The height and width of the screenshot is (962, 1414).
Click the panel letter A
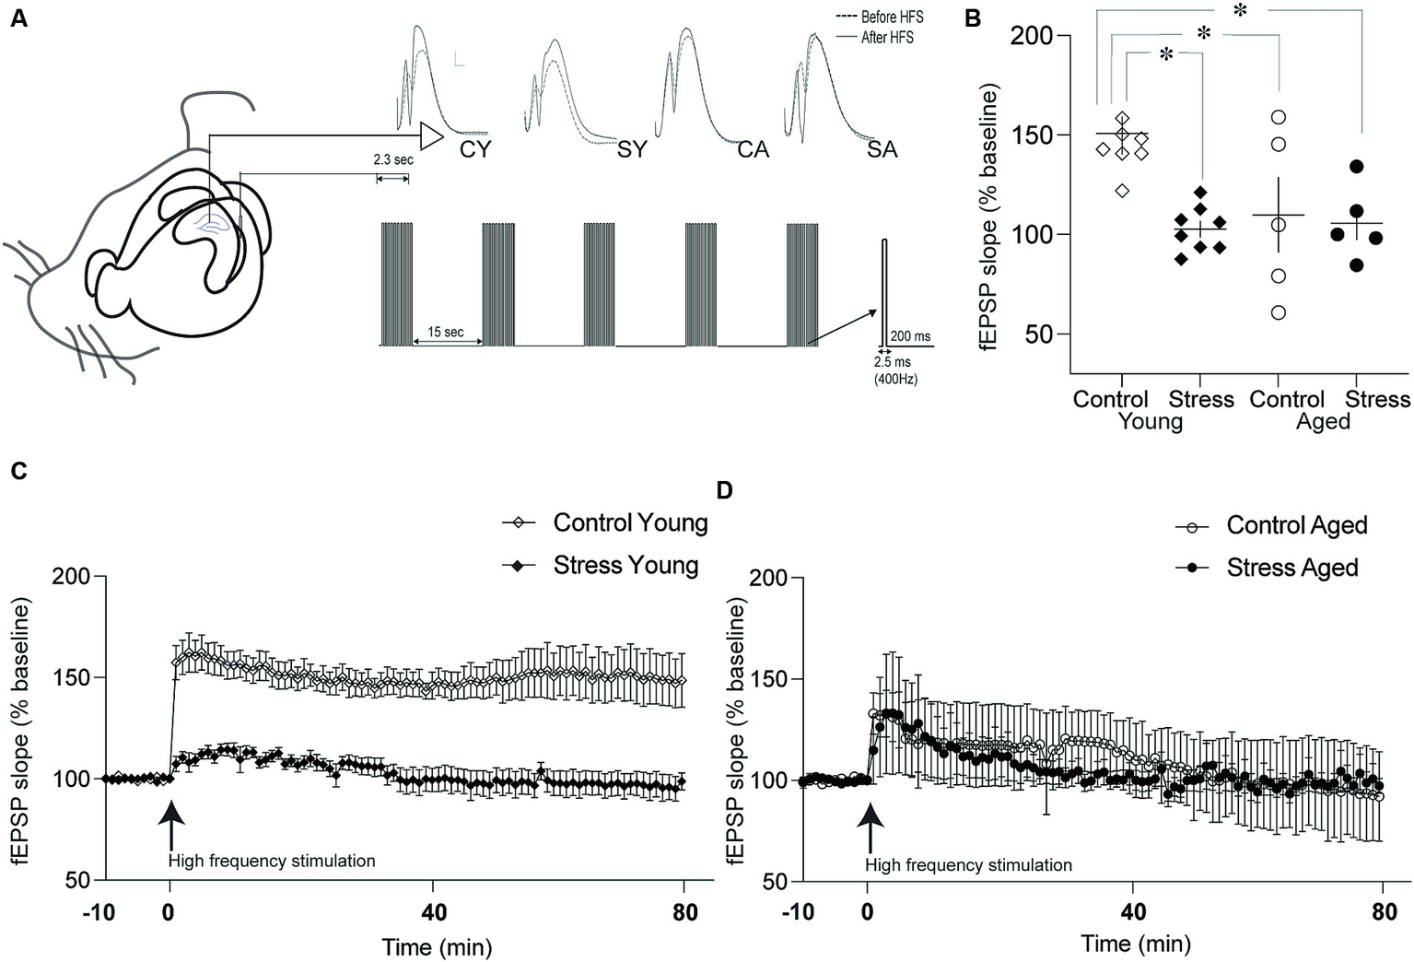coord(18,18)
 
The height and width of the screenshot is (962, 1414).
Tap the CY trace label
coord(475,149)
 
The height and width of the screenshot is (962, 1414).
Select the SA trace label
coord(882,149)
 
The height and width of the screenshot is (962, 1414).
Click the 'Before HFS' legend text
coord(891,17)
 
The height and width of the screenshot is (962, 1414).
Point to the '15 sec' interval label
coord(445,332)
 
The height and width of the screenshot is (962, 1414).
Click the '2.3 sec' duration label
coord(393,159)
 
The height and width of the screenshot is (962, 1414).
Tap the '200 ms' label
coord(910,336)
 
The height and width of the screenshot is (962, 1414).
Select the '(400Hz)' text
coord(896,379)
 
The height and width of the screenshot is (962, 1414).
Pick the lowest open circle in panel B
coord(1278,313)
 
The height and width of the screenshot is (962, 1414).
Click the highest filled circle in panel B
coord(1356,167)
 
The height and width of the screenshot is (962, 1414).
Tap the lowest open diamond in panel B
coord(1122,191)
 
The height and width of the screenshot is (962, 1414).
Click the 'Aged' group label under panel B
coord(1323,421)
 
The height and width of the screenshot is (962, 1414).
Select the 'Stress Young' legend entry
coord(625,565)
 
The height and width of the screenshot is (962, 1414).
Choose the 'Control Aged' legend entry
coord(1296,525)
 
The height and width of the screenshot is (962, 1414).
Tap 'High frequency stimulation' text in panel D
coord(968,865)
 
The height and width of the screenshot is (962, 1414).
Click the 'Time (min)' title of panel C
coord(437,946)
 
